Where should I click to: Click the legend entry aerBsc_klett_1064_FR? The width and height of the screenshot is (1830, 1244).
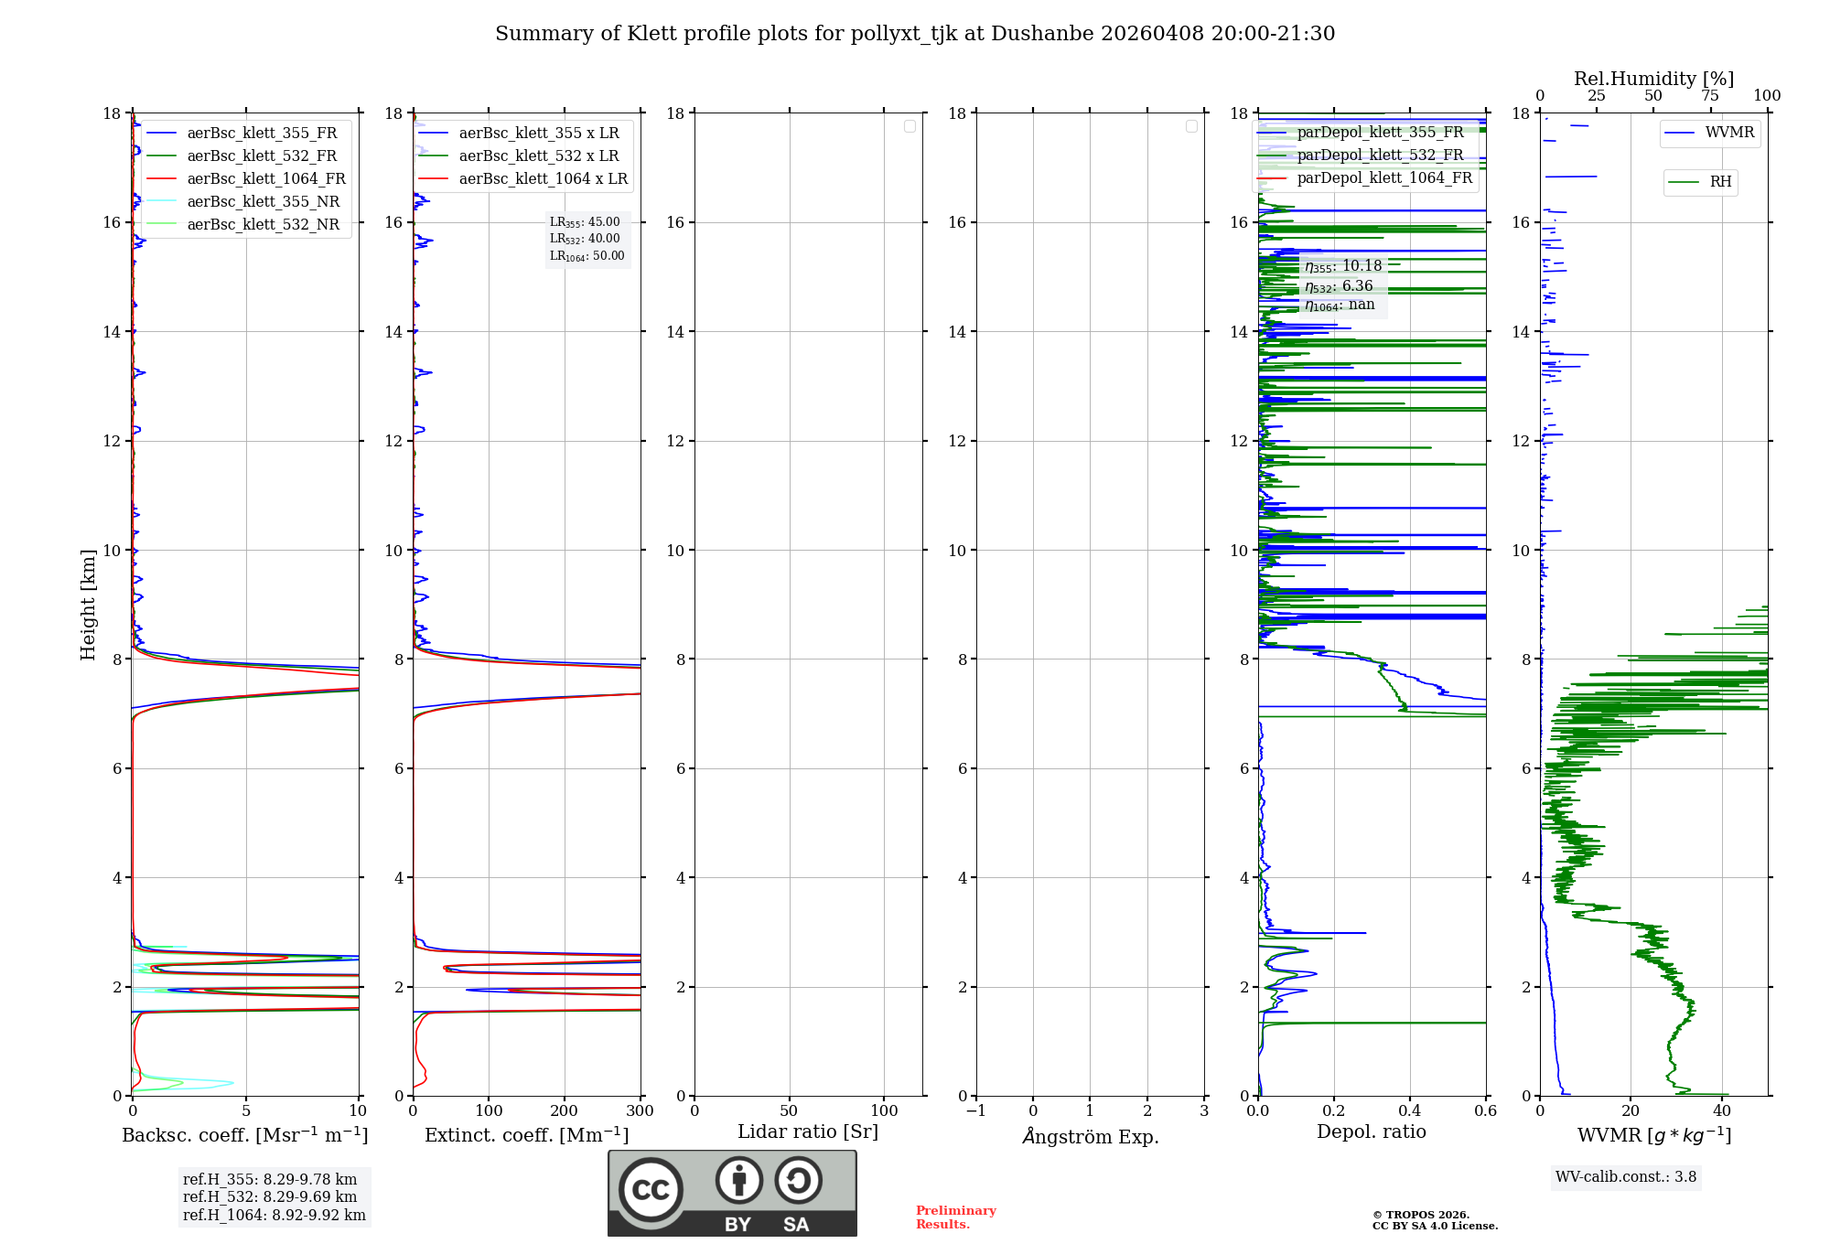click(266, 178)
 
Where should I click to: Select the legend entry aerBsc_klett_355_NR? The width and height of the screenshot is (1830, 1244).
click(263, 201)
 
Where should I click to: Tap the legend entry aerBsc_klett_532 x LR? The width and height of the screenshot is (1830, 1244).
click(538, 155)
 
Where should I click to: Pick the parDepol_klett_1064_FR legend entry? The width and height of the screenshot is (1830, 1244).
click(1384, 177)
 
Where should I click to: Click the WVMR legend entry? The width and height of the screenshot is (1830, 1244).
click(1729, 133)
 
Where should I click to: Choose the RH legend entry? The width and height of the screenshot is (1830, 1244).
click(1720, 182)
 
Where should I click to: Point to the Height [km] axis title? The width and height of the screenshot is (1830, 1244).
click(88, 604)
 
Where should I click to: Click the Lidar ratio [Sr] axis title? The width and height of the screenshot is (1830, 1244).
click(808, 1131)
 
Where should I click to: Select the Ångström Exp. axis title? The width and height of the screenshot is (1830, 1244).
click(1090, 1136)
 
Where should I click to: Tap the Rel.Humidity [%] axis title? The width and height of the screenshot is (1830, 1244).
click(1653, 79)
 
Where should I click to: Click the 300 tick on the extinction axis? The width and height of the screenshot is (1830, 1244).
click(640, 1110)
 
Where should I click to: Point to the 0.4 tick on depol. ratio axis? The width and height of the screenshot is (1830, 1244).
click(1410, 1110)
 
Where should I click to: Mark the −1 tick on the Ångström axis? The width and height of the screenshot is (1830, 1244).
click(976, 1110)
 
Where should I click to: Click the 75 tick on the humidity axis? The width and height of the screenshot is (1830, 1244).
click(1709, 96)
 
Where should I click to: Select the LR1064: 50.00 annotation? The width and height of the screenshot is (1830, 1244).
click(587, 256)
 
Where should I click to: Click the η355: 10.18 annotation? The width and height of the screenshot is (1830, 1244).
click(1343, 266)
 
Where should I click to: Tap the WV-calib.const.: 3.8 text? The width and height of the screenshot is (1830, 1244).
click(1626, 1176)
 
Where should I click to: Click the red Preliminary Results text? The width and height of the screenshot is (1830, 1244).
click(955, 1217)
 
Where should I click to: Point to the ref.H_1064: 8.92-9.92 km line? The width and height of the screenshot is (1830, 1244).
click(274, 1215)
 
